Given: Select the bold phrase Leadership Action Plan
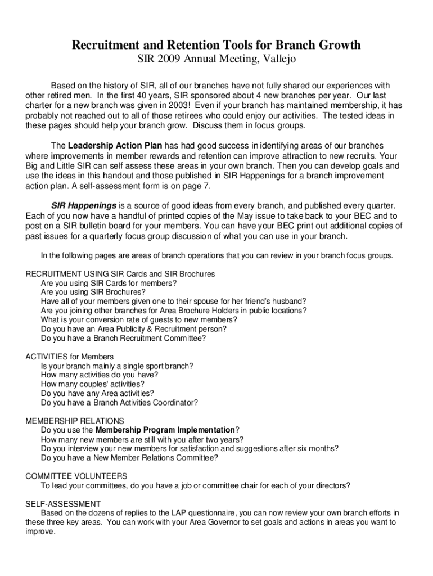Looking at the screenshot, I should click(115, 146).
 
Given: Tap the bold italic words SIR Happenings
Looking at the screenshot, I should click(84, 205).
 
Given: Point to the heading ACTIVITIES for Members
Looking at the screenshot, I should click(70, 357).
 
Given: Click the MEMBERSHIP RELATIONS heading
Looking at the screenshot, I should click(75, 421).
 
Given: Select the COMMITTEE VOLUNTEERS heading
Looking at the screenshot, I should click(76, 476).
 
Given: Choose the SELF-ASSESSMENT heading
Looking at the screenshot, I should click(64, 503).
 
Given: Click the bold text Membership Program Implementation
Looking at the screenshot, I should click(165, 430).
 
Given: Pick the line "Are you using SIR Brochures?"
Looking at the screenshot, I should click(93, 292).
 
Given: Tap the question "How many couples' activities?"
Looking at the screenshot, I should click(89, 384).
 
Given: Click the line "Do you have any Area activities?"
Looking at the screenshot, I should click(97, 393).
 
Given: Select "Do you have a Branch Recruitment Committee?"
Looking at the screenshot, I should click(124, 339).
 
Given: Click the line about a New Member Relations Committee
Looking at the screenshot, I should click(130, 457).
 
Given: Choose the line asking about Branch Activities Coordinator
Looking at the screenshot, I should click(119, 403).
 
